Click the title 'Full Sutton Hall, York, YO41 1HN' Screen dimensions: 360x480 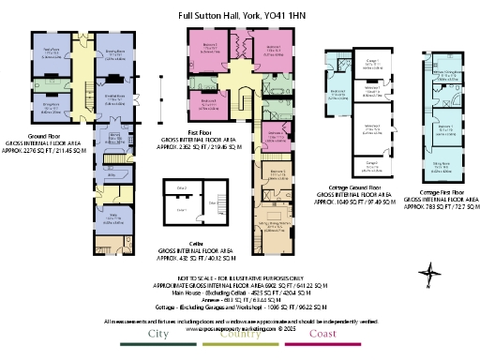239,16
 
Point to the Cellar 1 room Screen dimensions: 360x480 192,210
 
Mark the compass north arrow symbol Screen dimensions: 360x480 428,275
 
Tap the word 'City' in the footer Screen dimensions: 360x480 157,335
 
